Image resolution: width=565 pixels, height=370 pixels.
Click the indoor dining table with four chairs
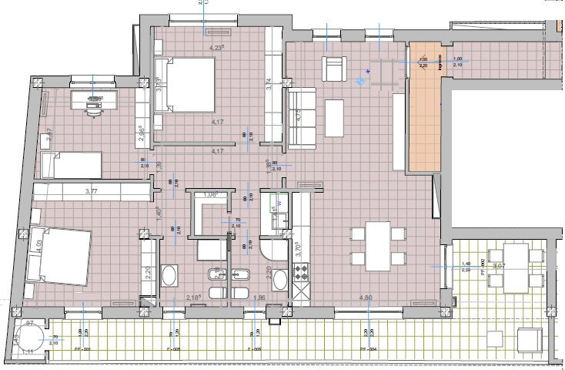click(x=377, y=246)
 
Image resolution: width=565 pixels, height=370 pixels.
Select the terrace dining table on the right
click(x=516, y=267)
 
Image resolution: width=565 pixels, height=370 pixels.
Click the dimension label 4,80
click(x=365, y=297)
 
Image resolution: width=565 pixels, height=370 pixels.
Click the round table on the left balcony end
click(x=32, y=336)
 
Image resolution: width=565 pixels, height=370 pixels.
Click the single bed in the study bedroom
click(x=69, y=163)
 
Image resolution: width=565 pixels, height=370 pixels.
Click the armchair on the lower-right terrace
click(x=528, y=338)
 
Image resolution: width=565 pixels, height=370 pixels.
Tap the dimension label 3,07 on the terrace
click(x=498, y=265)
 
